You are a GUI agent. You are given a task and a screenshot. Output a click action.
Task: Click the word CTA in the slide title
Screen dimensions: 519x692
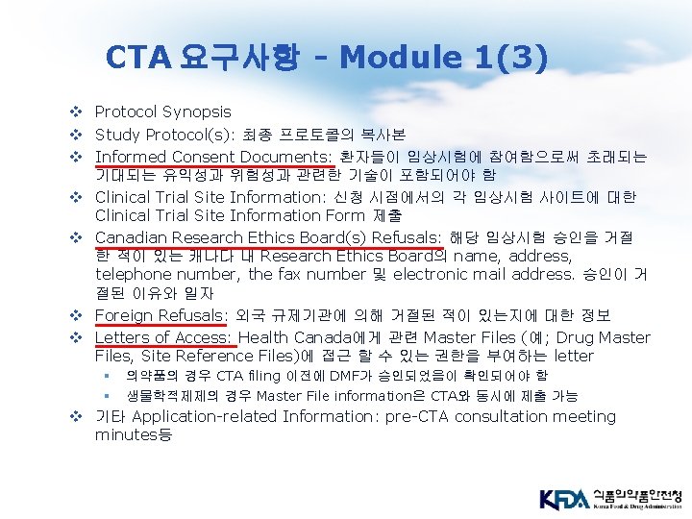(x=137, y=58)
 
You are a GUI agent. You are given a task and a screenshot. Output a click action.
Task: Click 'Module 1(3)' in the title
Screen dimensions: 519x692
(x=443, y=58)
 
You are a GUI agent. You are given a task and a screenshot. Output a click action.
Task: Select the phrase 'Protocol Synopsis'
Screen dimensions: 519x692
(x=162, y=112)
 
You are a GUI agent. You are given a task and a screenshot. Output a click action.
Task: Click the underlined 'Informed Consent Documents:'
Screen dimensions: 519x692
(x=212, y=157)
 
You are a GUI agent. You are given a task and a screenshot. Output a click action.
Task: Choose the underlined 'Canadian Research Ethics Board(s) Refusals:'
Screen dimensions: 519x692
(x=266, y=237)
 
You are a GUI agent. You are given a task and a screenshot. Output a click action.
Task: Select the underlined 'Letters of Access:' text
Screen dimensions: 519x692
(x=163, y=337)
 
